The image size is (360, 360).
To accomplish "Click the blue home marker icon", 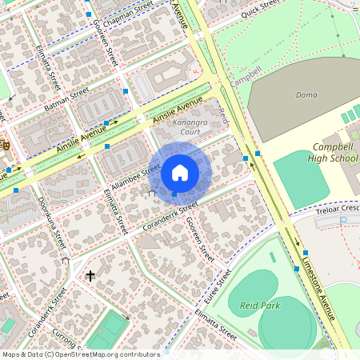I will click(x=180, y=172).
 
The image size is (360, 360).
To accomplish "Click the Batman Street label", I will click(x=67, y=100).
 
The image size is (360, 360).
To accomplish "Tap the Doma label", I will click(x=306, y=94).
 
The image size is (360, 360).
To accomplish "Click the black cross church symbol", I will click(x=90, y=276).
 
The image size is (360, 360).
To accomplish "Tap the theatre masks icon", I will click(x=4, y=145).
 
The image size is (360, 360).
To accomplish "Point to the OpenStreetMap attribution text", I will click(x=81, y=354).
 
